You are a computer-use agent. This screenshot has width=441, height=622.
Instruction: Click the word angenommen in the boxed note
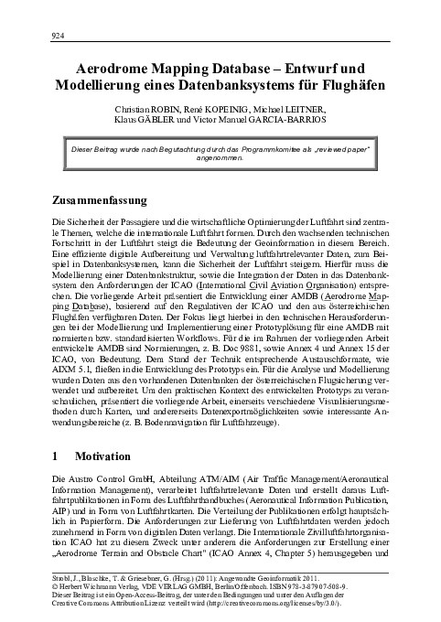220,158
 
